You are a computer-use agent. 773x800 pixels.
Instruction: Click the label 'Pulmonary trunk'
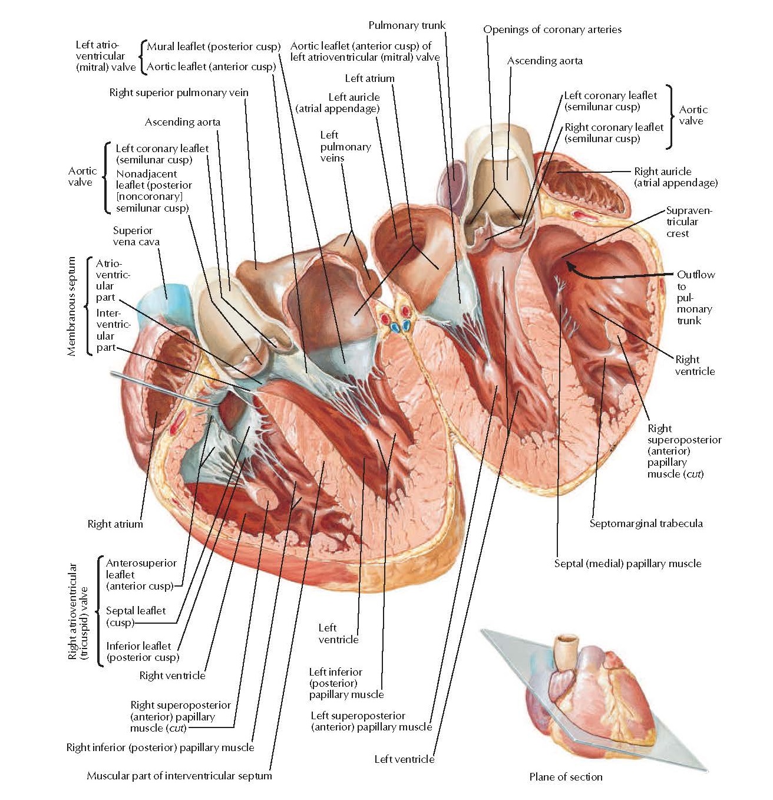[407, 25]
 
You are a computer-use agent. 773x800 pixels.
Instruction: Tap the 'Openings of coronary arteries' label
[552, 29]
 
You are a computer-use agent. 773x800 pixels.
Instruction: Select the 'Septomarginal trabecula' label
[646, 524]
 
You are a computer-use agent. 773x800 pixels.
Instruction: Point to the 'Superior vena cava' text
[136, 236]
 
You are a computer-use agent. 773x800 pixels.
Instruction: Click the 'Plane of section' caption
[566, 777]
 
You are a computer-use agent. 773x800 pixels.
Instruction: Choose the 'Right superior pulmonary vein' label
[179, 93]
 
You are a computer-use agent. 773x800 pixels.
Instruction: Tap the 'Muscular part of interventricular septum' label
[179, 776]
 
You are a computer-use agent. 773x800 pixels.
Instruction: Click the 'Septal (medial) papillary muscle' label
[627, 564]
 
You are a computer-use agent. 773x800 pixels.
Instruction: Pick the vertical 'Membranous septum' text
[72, 306]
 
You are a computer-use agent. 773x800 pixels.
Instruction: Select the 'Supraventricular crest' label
[688, 222]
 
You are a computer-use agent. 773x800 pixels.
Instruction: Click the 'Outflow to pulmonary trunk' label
[695, 297]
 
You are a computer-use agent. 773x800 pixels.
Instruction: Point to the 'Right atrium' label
[115, 524]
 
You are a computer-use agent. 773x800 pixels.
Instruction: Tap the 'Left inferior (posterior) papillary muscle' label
[346, 683]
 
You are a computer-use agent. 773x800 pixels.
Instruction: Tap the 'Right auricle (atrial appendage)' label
[675, 177]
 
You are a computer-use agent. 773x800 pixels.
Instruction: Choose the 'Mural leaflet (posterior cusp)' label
[213, 47]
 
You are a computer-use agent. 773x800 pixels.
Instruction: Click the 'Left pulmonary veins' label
[345, 146]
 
